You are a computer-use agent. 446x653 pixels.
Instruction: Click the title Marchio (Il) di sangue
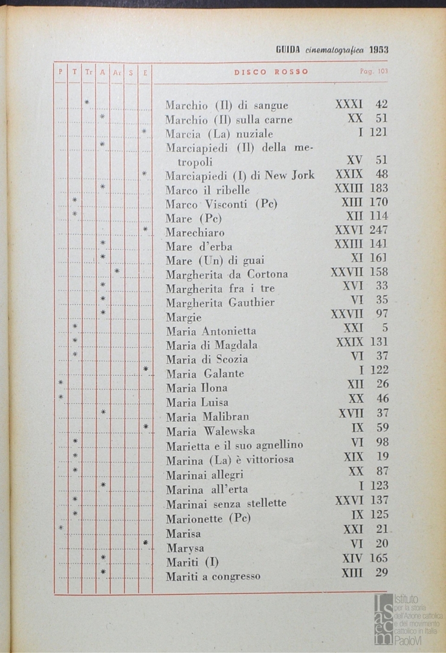[227, 106]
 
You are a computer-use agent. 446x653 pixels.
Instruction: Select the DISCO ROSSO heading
[271, 72]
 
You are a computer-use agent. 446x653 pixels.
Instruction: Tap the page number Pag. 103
[373, 71]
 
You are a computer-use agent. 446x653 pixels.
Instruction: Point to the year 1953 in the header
[379, 50]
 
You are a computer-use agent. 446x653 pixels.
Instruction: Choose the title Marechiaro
[195, 233]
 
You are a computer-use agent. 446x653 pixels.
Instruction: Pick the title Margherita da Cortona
[227, 275]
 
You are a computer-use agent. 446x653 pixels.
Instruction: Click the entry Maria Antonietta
[211, 331]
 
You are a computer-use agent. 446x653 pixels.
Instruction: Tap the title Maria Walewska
[210, 431]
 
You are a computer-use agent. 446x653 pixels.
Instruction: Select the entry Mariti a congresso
[213, 576]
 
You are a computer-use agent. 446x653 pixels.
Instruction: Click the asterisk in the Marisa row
[61, 528]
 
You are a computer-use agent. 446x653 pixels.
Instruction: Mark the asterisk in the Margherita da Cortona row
[117, 271]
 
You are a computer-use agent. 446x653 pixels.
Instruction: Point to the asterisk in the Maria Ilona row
[60, 383]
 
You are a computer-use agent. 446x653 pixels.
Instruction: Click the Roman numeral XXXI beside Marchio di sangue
[349, 105]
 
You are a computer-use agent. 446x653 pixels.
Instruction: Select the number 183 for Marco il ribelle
[378, 188]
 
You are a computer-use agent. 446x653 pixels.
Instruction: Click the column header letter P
[60, 72]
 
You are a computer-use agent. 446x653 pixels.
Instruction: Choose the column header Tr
[88, 72]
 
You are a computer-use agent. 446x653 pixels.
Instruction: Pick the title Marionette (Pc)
[208, 519]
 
